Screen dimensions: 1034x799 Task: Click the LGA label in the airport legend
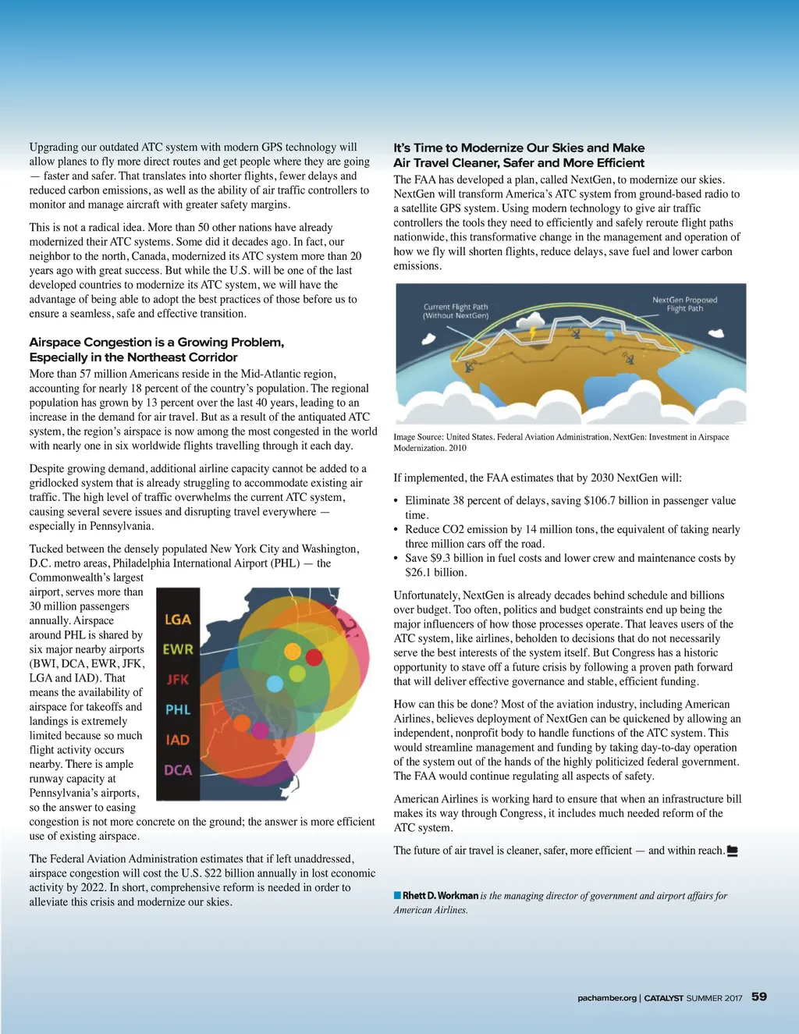[x=178, y=619]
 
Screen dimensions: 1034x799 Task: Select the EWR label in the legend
[x=178, y=648]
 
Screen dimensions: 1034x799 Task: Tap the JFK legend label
[x=178, y=679]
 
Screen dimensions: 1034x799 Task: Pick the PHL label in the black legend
[x=178, y=709]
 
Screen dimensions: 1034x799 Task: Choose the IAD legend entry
[x=178, y=739]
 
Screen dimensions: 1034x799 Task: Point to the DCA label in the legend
[x=178, y=769]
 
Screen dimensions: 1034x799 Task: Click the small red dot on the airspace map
[x=314, y=657]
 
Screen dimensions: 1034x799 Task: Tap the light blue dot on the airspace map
[x=275, y=684]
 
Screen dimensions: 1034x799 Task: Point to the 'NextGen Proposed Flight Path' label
[x=684, y=304]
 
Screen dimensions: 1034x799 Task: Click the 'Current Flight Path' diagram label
[x=456, y=311]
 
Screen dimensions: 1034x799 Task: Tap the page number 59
[x=758, y=997]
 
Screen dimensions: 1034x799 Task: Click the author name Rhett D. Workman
[x=440, y=896]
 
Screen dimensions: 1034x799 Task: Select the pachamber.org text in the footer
[x=606, y=997]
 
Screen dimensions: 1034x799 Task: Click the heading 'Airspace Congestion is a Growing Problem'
[x=157, y=343]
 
